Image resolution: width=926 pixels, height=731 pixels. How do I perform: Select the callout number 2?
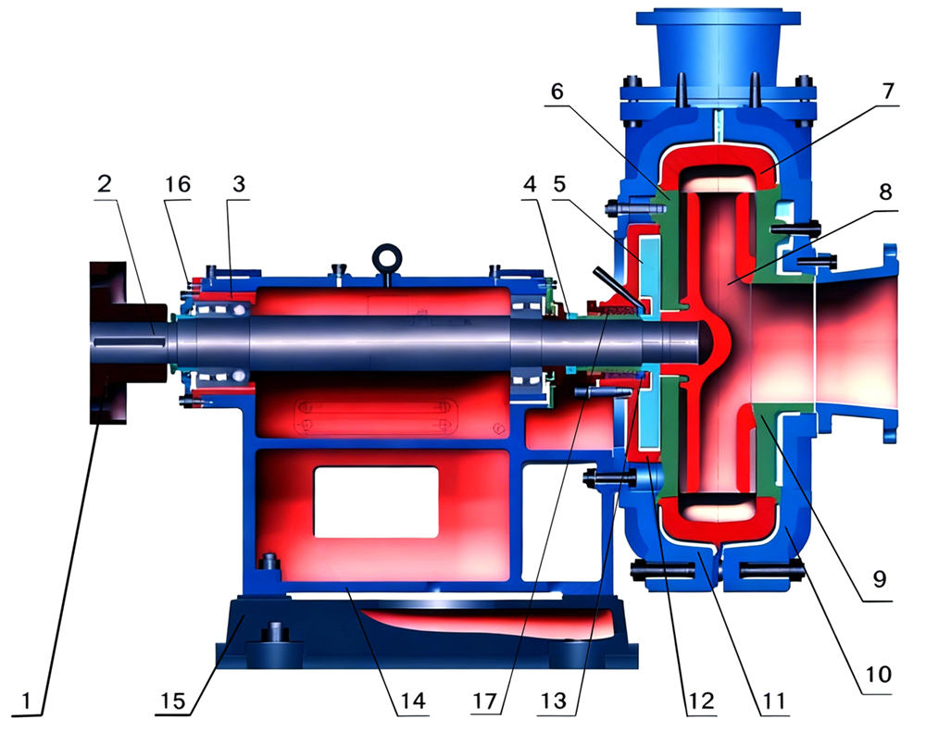pos(106,184)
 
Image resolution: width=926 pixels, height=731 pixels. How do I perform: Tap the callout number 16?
pos(175,184)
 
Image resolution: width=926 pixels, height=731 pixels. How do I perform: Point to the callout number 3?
pos(240,184)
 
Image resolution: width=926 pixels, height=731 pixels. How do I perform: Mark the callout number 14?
pos(413,700)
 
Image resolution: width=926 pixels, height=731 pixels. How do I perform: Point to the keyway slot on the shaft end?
pos(130,345)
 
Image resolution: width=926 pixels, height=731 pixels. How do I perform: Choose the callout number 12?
pos(699,700)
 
